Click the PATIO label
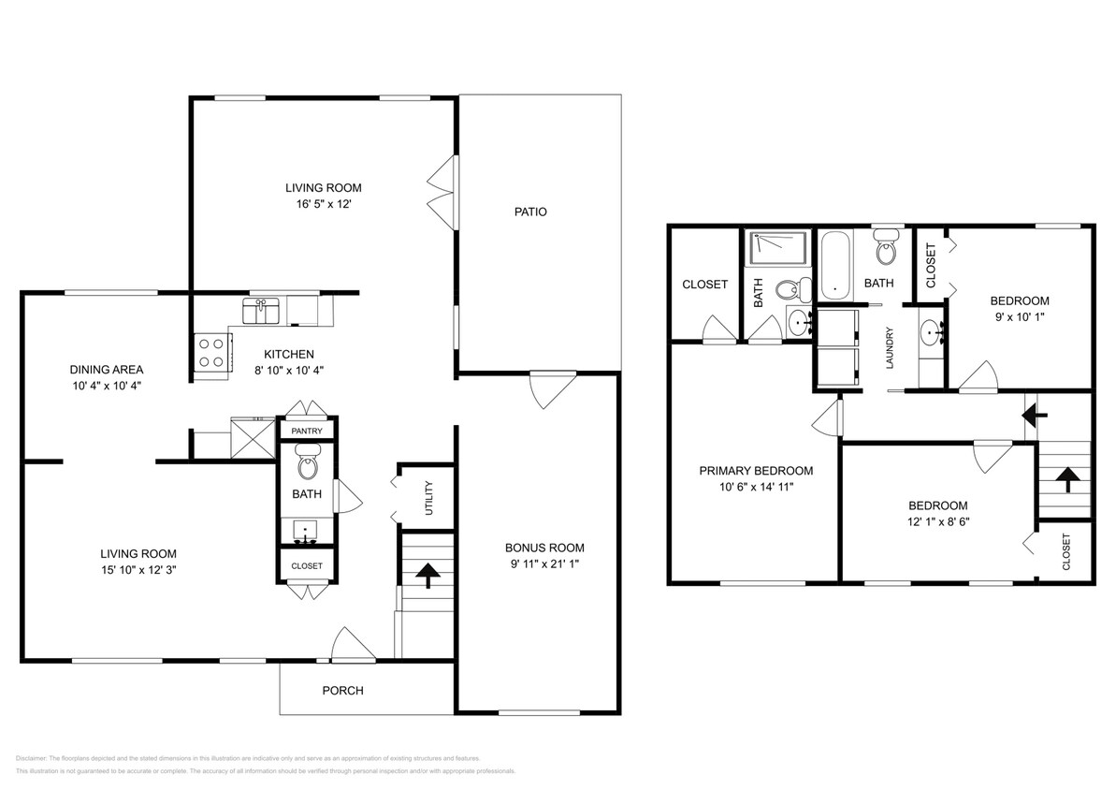pyautogui.click(x=530, y=212)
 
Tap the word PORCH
pyautogui.click(x=342, y=691)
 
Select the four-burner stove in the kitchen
pyautogui.click(x=210, y=353)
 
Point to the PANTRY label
pyautogui.click(x=307, y=431)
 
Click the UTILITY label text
pyautogui.click(x=428, y=498)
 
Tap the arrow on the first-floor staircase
pyautogui.click(x=427, y=575)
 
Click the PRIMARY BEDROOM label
pyautogui.click(x=756, y=471)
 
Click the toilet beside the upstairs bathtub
pyautogui.click(x=884, y=250)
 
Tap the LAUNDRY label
pyautogui.click(x=890, y=347)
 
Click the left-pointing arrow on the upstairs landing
pyautogui.click(x=1033, y=411)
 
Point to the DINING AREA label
pyautogui.click(x=106, y=369)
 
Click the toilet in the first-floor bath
pyautogui.click(x=307, y=461)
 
